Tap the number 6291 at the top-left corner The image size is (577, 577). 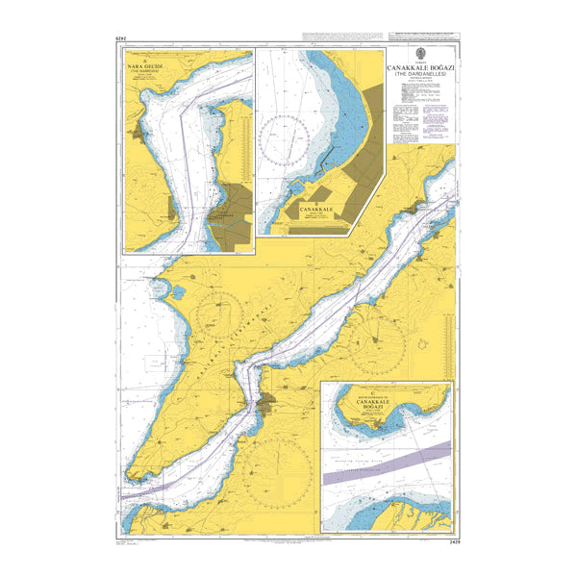coord(120,38)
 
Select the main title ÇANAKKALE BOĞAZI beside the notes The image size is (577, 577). coord(420,70)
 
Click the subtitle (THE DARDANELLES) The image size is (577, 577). coord(420,78)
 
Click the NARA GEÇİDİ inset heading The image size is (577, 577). coord(145,69)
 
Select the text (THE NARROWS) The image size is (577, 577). coord(145,76)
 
